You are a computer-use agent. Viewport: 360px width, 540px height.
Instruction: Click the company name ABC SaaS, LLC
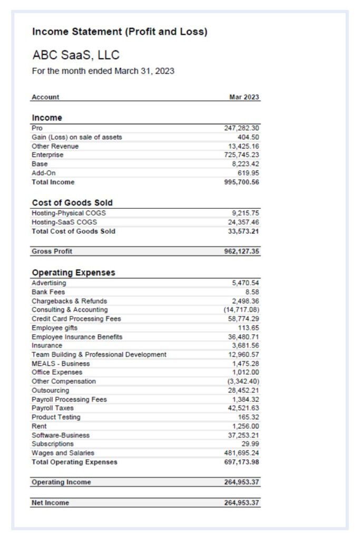click(76, 55)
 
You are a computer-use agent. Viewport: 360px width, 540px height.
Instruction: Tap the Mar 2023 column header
click(245, 97)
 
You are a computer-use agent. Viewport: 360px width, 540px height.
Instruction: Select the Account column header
click(45, 97)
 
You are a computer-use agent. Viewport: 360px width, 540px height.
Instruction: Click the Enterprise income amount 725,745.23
click(242, 155)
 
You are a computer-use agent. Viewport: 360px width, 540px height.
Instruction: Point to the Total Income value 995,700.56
click(242, 182)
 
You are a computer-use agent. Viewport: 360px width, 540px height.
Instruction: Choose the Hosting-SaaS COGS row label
click(64, 222)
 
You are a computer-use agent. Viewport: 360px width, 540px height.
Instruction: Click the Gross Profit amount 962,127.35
click(242, 252)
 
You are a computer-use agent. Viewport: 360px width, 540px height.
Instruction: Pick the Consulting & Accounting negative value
click(241, 310)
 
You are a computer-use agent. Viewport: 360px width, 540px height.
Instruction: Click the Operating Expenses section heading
click(73, 273)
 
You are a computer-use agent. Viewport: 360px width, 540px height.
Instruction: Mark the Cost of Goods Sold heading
click(72, 202)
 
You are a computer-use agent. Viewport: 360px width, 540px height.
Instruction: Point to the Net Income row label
click(50, 503)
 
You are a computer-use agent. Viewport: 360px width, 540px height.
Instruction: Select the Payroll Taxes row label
click(53, 408)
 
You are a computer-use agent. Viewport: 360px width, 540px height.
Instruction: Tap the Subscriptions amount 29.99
click(250, 444)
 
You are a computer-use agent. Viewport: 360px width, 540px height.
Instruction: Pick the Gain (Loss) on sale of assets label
click(76, 137)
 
